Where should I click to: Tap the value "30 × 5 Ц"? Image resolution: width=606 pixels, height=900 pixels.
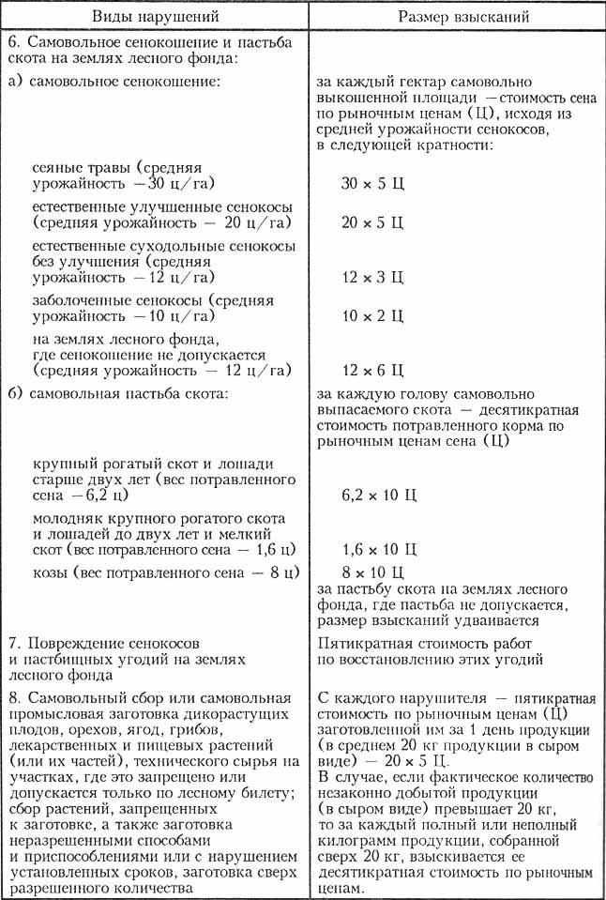pyautogui.click(x=372, y=183)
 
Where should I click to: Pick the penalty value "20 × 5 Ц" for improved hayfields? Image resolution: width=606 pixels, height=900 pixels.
pyautogui.click(x=372, y=223)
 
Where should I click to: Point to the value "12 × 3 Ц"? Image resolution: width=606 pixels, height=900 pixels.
pyautogui.click(x=372, y=277)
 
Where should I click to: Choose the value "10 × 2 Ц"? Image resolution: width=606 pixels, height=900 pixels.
pyautogui.click(x=372, y=316)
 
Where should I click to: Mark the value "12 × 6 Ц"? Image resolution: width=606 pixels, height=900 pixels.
pyautogui.click(x=372, y=369)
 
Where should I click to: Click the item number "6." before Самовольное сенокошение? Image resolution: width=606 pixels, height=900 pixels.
pyautogui.click(x=13, y=43)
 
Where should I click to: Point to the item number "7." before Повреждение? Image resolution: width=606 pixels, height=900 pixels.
pyautogui.click(x=13, y=643)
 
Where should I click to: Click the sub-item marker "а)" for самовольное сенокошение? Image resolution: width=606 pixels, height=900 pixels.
pyautogui.click(x=15, y=82)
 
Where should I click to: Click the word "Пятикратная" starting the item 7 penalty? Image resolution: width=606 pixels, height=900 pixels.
pyautogui.click(x=362, y=643)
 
